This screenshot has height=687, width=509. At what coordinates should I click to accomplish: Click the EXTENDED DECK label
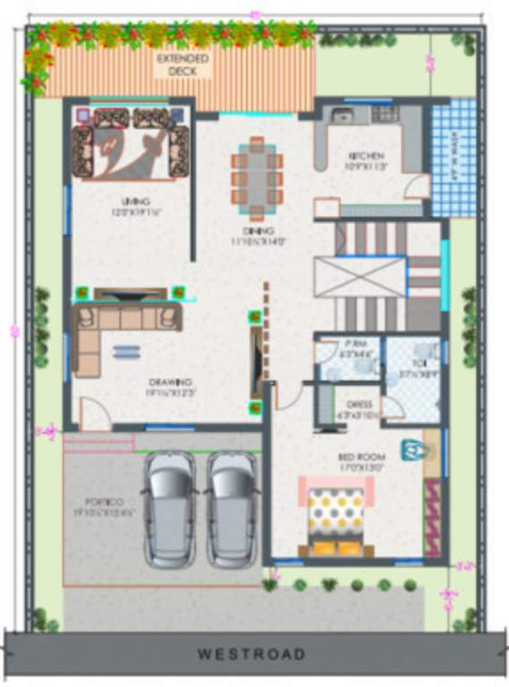(x=182, y=64)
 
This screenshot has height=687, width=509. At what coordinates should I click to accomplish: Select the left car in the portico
(x=170, y=508)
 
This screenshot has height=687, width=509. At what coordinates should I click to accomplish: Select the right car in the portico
(x=233, y=508)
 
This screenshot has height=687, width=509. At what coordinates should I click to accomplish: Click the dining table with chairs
(x=257, y=178)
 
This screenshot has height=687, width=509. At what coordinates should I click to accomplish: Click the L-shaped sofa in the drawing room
(x=116, y=327)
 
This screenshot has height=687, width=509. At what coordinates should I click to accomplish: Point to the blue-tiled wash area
(x=454, y=157)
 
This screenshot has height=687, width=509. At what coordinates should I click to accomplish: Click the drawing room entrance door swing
(x=94, y=413)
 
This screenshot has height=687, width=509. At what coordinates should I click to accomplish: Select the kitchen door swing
(x=416, y=186)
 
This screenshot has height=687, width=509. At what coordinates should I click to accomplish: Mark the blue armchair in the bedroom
(x=410, y=448)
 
